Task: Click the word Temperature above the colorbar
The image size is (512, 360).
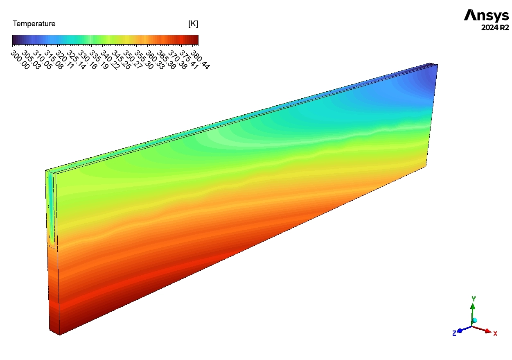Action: coord(34,24)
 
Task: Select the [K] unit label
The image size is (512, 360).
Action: coord(193,24)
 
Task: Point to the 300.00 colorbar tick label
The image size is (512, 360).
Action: coord(20,60)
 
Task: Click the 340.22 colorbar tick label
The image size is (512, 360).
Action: coord(110,60)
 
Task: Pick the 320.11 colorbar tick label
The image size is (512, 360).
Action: coord(65,60)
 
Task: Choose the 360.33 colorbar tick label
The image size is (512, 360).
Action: coord(155,60)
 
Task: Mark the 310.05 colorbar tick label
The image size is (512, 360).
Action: coord(42,60)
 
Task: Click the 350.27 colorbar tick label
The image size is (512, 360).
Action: coord(132,60)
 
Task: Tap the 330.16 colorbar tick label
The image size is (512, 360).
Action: coord(87,60)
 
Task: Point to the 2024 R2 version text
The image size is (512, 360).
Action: coord(495,28)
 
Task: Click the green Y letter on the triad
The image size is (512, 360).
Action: coord(473,299)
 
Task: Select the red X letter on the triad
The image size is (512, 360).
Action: coord(495,333)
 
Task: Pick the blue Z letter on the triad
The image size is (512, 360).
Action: coord(454,333)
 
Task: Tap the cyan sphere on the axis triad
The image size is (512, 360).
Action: coord(475,320)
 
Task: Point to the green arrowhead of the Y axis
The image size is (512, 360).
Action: coord(473,306)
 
